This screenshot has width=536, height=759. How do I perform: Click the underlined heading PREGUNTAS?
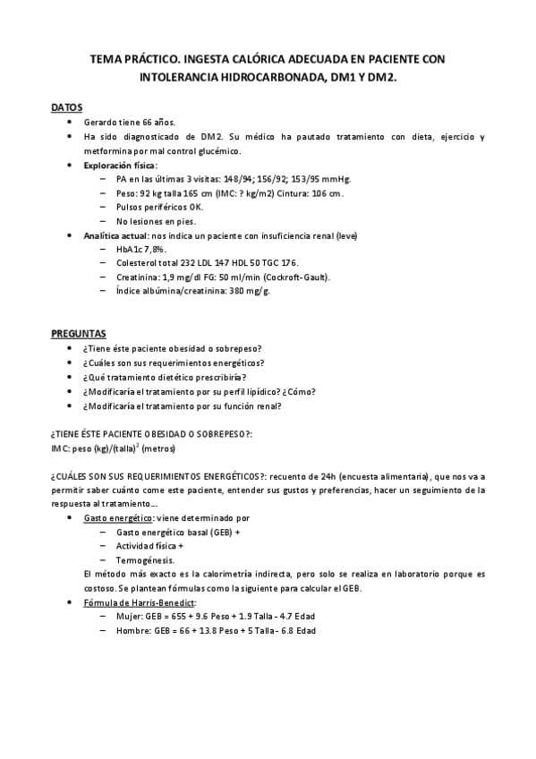[x=77, y=332]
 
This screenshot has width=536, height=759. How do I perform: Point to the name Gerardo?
[x=102, y=122]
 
